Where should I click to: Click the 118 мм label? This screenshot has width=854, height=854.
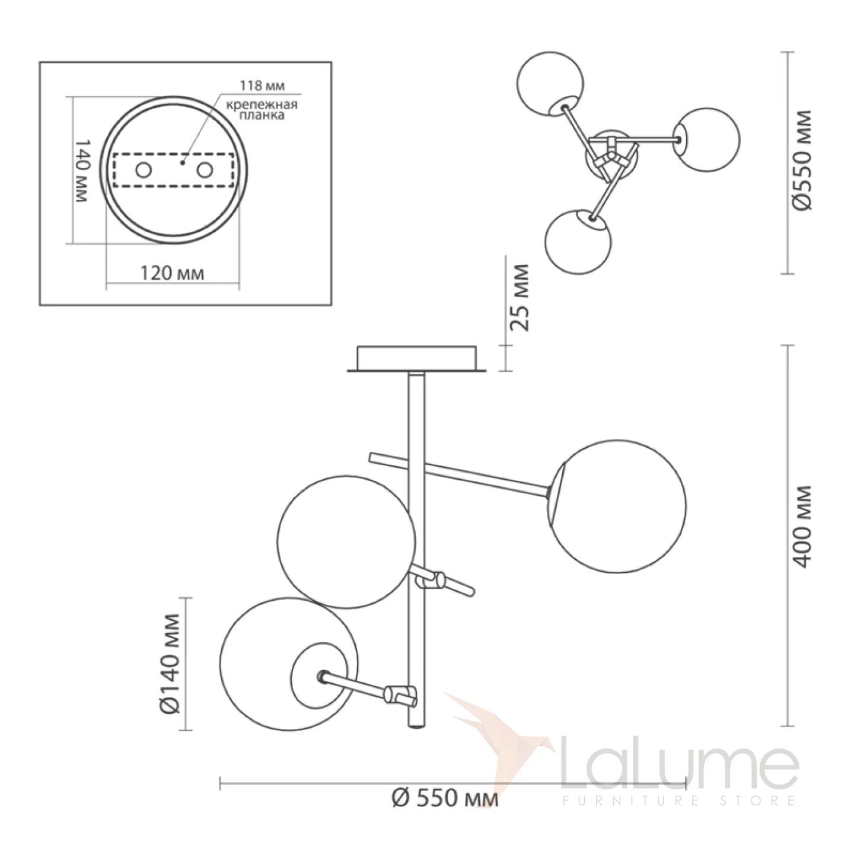(262, 85)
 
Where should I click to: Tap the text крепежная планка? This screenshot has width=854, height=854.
(262, 110)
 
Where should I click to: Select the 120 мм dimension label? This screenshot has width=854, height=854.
(173, 273)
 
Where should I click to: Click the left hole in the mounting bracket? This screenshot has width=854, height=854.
(143, 171)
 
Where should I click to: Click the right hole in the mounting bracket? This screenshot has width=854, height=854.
(205, 171)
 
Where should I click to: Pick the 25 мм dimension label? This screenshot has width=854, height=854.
(520, 297)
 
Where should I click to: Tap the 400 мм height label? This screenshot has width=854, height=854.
(802, 527)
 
